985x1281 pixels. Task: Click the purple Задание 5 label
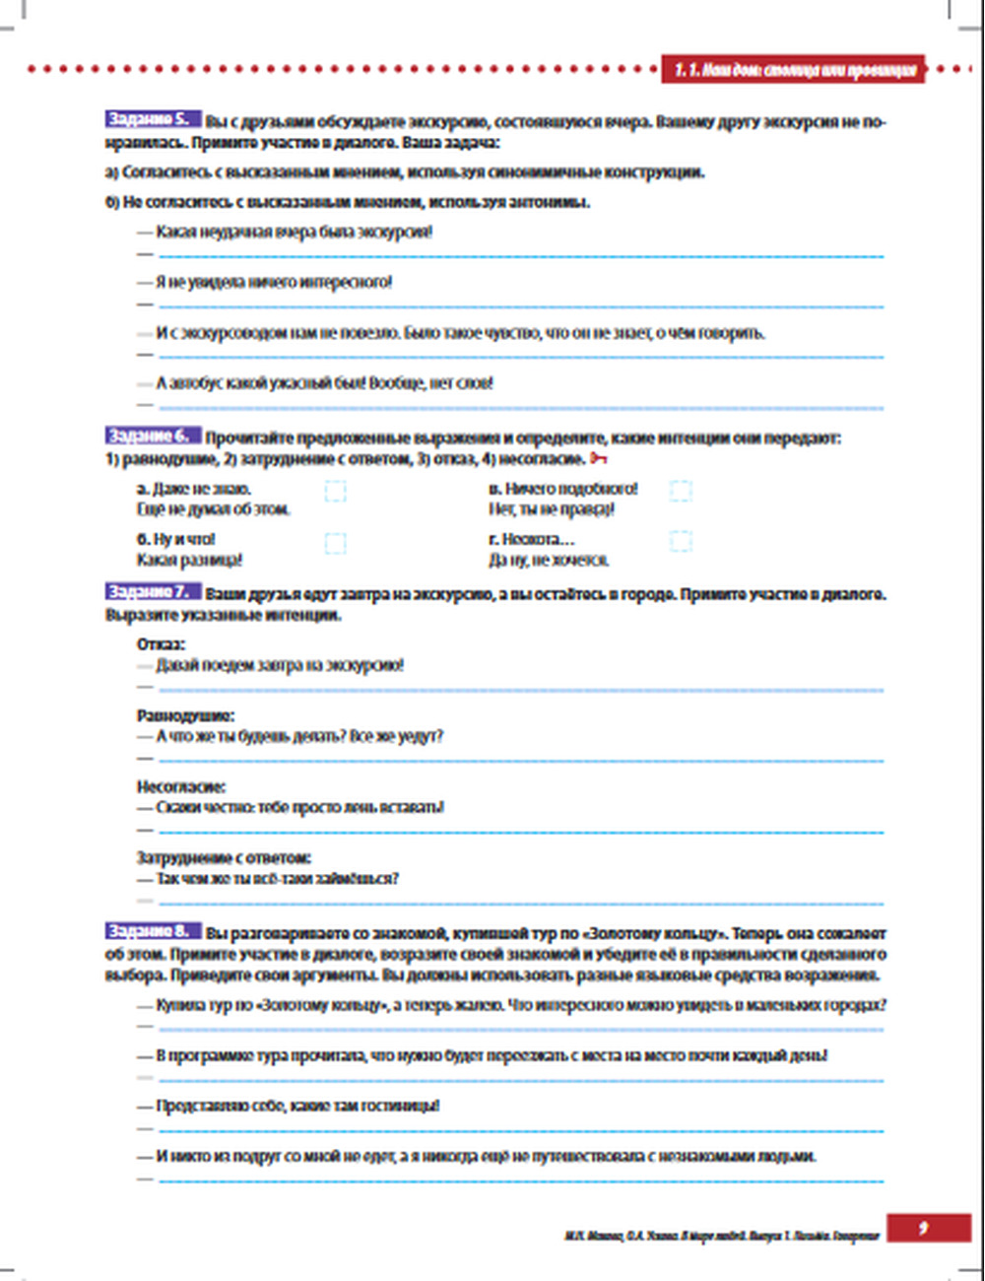pyautogui.click(x=153, y=119)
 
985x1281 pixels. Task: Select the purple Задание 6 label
pyautogui.click(x=153, y=436)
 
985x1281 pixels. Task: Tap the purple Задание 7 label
pyautogui.click(x=153, y=592)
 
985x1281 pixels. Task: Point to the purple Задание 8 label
pyautogui.click(x=153, y=931)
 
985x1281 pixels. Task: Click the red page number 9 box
pyautogui.click(x=923, y=1228)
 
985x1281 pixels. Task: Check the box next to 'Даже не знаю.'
pyautogui.click(x=335, y=490)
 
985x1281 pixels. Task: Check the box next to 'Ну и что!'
pyautogui.click(x=335, y=542)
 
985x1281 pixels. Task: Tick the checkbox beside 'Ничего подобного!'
pyautogui.click(x=680, y=490)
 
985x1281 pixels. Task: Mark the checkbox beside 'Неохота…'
pyautogui.click(x=680, y=540)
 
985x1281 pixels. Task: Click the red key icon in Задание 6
pyautogui.click(x=599, y=459)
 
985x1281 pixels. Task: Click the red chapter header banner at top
pyautogui.click(x=793, y=69)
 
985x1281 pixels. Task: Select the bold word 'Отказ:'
pyautogui.click(x=161, y=644)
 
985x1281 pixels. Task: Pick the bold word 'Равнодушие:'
pyautogui.click(x=185, y=716)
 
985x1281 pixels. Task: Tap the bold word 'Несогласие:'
pyautogui.click(x=181, y=787)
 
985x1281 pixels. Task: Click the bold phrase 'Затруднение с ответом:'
pyautogui.click(x=224, y=858)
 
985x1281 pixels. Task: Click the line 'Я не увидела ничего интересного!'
pyautogui.click(x=274, y=283)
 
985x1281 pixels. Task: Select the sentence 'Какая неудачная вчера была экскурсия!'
pyautogui.click(x=294, y=233)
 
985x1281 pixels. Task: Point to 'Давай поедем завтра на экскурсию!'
pyautogui.click(x=280, y=666)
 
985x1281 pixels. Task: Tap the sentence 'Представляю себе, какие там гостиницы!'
pyautogui.click(x=297, y=1106)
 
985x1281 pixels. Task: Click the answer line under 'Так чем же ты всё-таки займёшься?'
pyautogui.click(x=520, y=902)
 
